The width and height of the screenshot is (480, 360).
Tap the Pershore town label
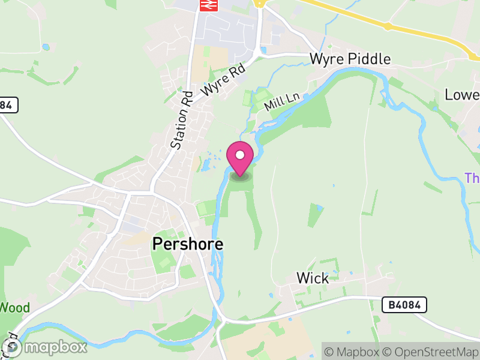[x=188, y=244]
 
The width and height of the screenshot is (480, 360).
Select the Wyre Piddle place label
[x=350, y=59]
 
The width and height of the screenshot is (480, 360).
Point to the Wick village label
[x=313, y=278]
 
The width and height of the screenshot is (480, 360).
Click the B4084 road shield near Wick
[x=404, y=305]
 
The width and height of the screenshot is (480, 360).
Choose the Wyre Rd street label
[x=224, y=80]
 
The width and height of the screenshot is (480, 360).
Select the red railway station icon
[x=207, y=4]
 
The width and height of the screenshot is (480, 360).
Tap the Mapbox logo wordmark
[x=56, y=347]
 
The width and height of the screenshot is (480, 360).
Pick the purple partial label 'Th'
[x=472, y=178]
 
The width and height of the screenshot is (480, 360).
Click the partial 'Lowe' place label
[x=462, y=95]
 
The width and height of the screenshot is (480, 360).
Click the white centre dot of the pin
[x=240, y=155]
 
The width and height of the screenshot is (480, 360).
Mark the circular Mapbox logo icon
[x=12, y=347]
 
